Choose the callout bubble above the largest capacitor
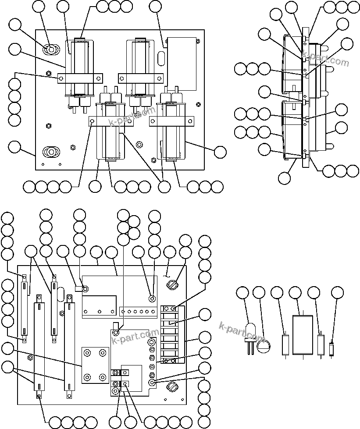click(x=295, y=293)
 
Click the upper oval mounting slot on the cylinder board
click(x=51, y=50)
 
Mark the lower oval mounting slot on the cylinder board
click(x=51, y=152)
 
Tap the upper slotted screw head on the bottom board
click(x=172, y=284)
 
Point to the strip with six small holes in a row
click(x=138, y=312)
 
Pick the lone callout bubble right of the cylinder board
click(x=220, y=152)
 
